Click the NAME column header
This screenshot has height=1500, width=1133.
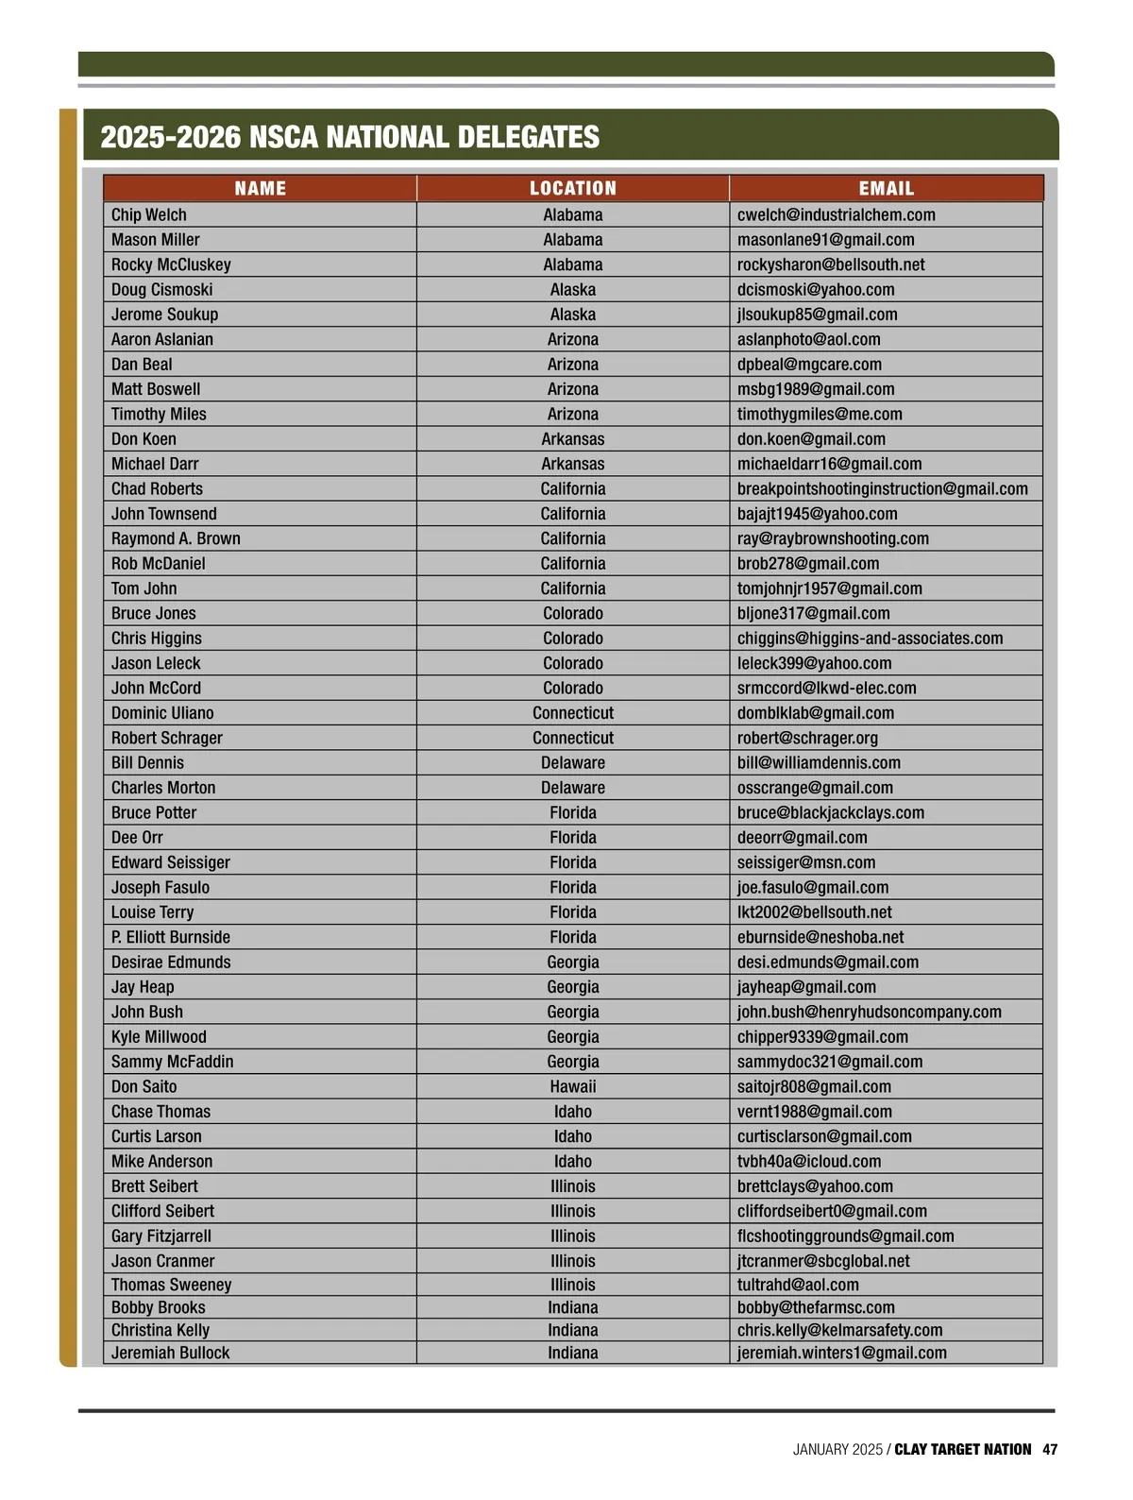(x=260, y=189)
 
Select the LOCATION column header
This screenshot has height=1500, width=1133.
(x=572, y=189)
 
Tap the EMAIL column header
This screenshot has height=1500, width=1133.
(x=886, y=189)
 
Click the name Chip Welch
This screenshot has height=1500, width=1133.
(x=149, y=215)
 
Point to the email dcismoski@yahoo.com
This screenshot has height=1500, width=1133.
(x=816, y=290)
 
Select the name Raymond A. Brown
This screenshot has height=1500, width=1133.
(x=176, y=538)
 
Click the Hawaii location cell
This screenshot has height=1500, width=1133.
(x=573, y=1087)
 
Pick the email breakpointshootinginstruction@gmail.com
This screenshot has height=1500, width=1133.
(x=882, y=489)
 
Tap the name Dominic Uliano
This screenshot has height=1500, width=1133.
(x=162, y=713)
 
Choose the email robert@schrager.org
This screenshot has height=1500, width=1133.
(x=807, y=738)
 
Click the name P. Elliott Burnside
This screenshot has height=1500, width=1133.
(x=171, y=937)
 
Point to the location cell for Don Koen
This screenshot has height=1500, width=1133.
(x=573, y=439)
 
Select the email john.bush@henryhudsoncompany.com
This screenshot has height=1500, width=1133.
(x=869, y=1012)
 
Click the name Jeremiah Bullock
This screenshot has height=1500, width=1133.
(x=170, y=1353)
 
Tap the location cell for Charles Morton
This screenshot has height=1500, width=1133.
(x=573, y=788)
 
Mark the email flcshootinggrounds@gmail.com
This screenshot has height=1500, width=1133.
(x=845, y=1236)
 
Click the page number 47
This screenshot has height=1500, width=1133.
(x=1050, y=1449)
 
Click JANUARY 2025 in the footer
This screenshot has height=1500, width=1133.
(x=837, y=1449)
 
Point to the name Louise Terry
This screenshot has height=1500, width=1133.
(x=152, y=912)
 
